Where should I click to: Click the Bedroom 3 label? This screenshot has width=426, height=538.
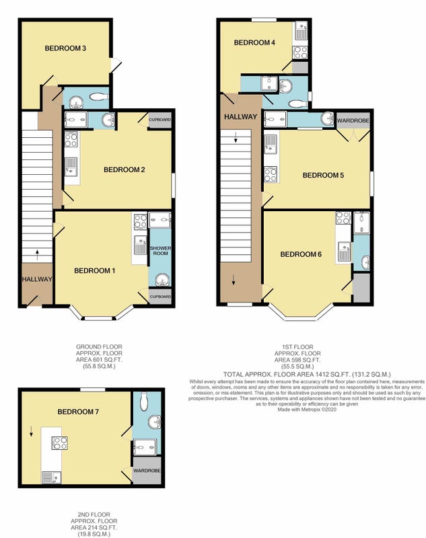65,48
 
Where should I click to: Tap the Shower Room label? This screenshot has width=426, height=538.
160,250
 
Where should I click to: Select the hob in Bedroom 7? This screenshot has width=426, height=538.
59,443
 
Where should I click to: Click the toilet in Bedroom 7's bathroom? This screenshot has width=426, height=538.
143,401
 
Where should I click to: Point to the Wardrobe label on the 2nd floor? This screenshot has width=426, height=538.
147,470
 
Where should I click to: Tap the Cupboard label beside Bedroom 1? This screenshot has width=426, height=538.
160,297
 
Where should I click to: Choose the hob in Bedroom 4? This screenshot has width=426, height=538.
300,53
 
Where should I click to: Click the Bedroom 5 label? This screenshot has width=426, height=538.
323,176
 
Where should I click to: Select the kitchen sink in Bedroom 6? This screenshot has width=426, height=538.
345,252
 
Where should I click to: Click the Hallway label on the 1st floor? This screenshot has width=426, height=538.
241,116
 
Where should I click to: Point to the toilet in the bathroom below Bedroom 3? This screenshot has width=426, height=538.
99,96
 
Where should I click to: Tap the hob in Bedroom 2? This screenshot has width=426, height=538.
71,140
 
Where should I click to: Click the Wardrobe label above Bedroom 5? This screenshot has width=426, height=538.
353,121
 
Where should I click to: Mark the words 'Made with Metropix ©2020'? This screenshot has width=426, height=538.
307,410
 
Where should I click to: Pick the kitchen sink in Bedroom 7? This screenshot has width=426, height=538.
52,477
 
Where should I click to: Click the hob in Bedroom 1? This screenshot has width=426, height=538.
141,221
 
